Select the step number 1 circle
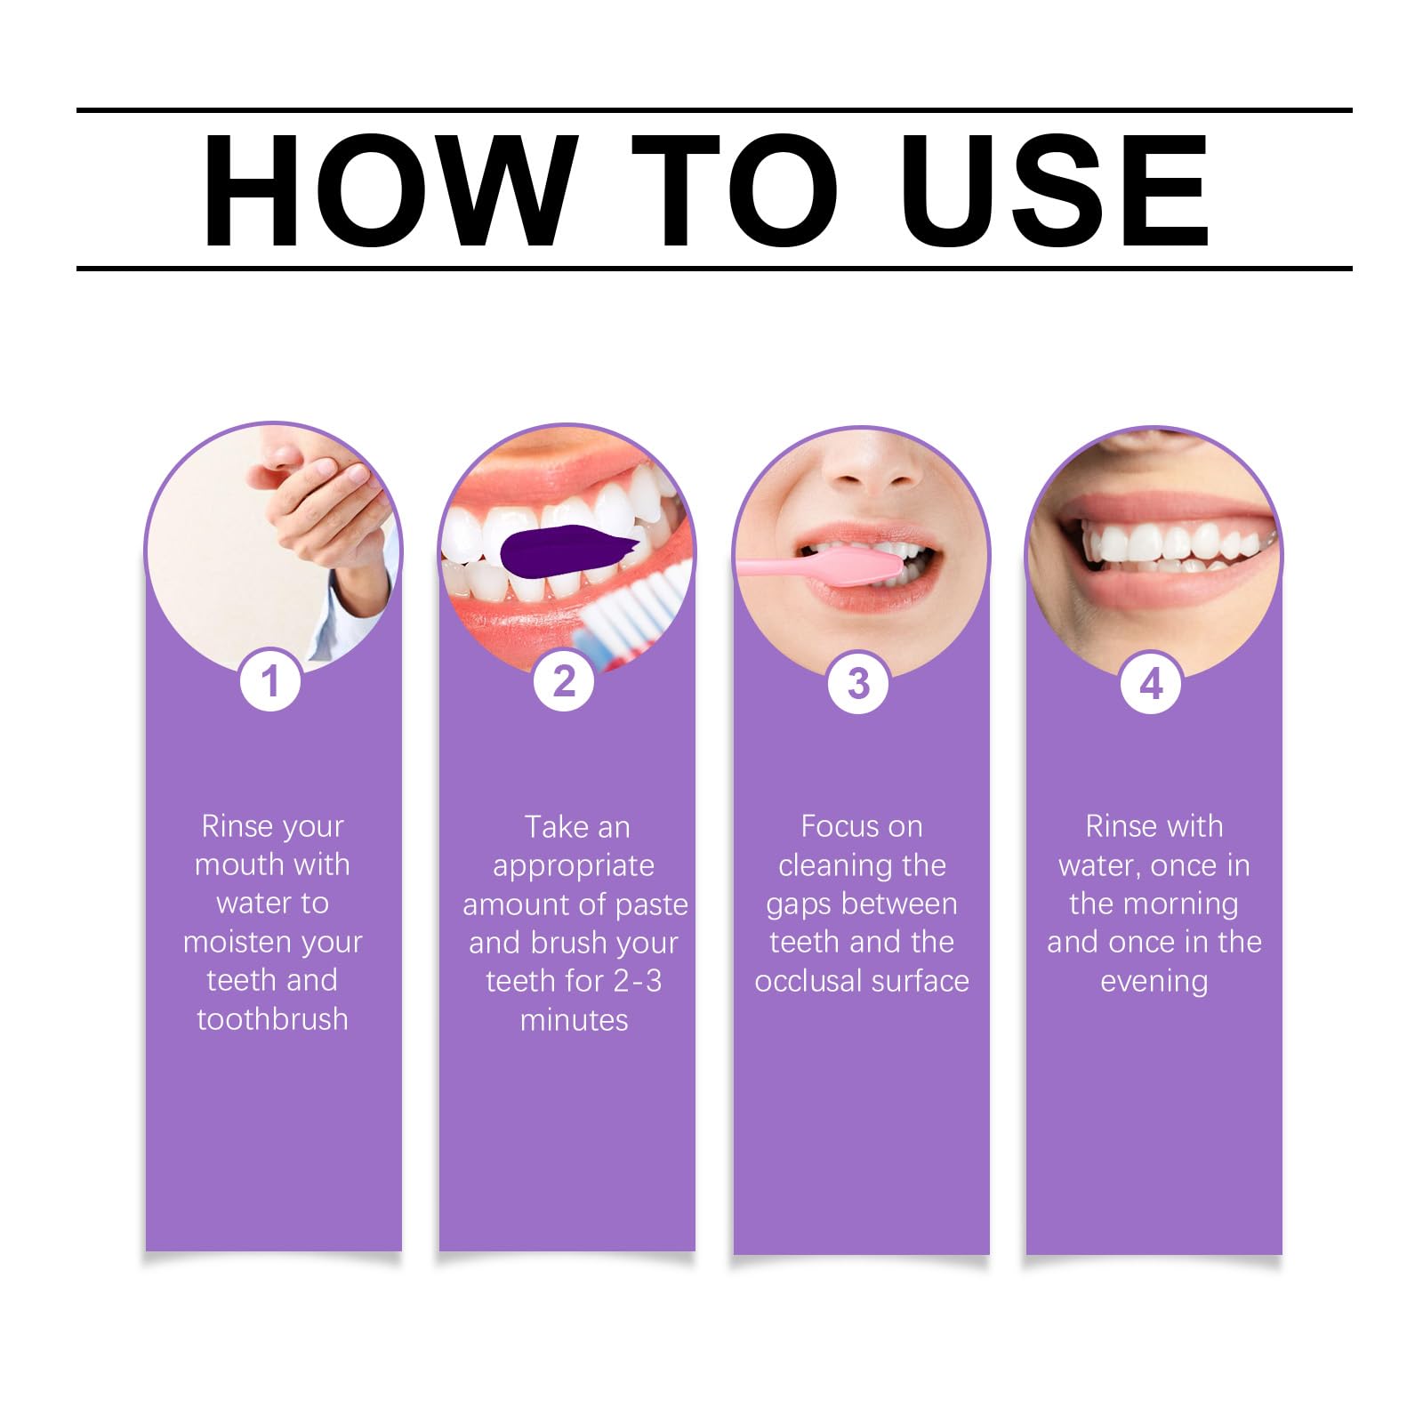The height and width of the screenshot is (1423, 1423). [x=270, y=682]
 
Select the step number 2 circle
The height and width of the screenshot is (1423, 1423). [x=564, y=682]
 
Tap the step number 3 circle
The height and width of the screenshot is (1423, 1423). [x=858, y=683]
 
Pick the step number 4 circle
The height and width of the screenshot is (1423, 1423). [x=1152, y=683]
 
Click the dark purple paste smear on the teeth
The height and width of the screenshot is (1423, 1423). [x=560, y=550]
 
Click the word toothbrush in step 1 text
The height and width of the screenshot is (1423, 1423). [x=272, y=1019]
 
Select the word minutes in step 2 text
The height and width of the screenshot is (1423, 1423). [x=574, y=1020]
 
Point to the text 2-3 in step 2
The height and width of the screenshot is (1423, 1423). [x=637, y=981]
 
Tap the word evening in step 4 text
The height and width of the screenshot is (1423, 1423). [x=1154, y=981]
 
